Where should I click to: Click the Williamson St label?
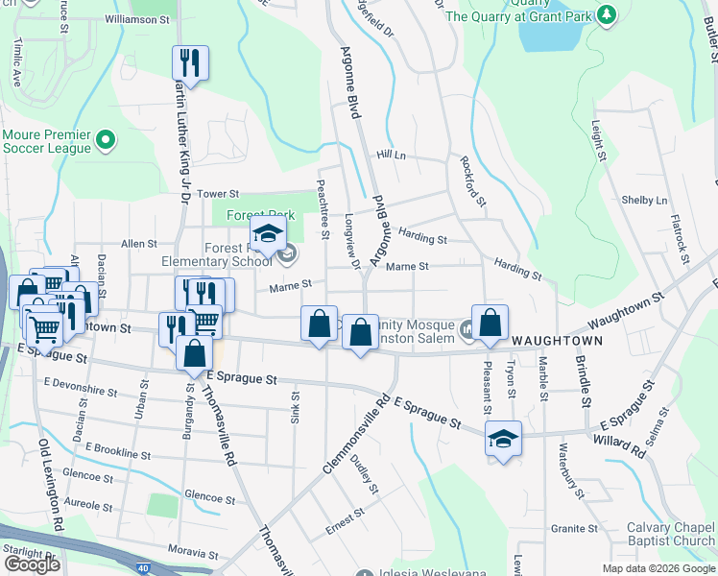(x=136, y=18)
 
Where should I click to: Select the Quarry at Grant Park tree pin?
(x=606, y=15)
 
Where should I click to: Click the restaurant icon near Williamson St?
(x=190, y=64)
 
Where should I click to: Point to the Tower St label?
(x=217, y=194)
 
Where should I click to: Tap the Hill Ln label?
(x=392, y=155)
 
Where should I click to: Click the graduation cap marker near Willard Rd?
(x=503, y=439)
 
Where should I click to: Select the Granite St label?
(x=575, y=529)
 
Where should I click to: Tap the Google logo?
(x=32, y=564)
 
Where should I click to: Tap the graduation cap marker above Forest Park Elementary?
(x=268, y=234)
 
